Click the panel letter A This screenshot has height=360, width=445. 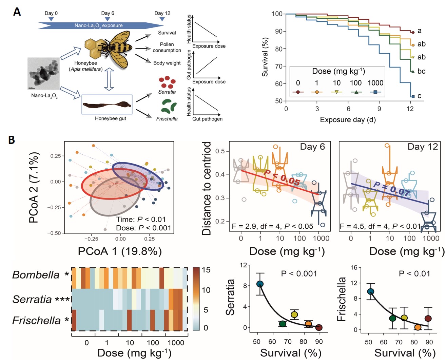[x=17, y=12]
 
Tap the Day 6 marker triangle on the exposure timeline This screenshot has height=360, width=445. [x=107, y=19]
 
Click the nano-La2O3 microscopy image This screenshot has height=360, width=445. [x=43, y=73]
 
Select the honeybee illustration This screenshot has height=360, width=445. [x=109, y=49]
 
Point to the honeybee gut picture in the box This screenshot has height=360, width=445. [x=107, y=105]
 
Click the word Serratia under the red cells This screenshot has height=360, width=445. [x=167, y=92]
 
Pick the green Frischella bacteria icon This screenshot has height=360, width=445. [x=169, y=106]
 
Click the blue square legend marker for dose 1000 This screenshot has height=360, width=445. [x=375, y=92]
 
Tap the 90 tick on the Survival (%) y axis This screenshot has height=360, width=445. [x=277, y=31]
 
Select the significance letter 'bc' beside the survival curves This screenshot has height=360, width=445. [x=421, y=71]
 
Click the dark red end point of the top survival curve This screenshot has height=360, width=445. [x=413, y=32]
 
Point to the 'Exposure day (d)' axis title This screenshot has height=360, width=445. [x=348, y=120]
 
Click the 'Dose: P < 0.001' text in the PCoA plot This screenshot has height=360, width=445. [x=143, y=228]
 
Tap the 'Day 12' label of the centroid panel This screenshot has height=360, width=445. [x=422, y=147]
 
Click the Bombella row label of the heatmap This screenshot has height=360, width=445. [x=36, y=275]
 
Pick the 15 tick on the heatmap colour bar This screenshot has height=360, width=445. [x=206, y=270]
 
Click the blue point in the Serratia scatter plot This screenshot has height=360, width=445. [x=260, y=284]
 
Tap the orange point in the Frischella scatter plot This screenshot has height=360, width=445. [x=418, y=327]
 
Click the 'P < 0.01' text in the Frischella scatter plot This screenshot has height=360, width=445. [x=414, y=274]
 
